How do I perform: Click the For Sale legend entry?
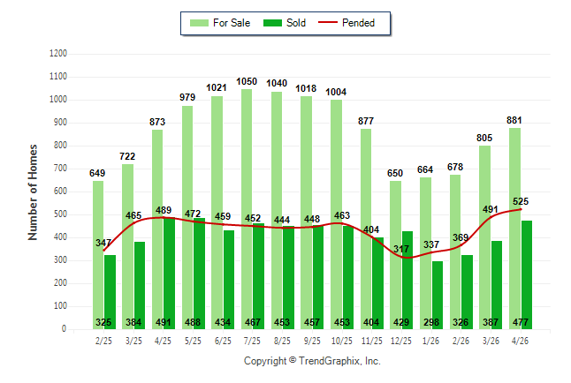click(x=220, y=23)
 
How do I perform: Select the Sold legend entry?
click(x=285, y=23)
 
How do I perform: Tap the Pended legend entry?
click(x=346, y=23)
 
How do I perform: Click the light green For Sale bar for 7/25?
click(x=247, y=209)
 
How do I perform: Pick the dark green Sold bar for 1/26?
click(x=438, y=296)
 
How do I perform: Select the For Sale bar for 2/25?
click(x=98, y=255)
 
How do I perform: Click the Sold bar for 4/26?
click(x=527, y=275)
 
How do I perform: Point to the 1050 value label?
click(x=247, y=81)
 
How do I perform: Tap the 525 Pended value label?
click(x=521, y=201)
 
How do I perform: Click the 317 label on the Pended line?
click(x=401, y=249)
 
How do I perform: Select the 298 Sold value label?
click(x=431, y=322)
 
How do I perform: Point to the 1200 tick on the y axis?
click(x=58, y=54)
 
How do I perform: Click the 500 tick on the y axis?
click(x=60, y=214)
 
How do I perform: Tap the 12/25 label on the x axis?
click(x=401, y=341)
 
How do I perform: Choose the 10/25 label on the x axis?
click(x=341, y=341)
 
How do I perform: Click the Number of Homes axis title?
click(x=33, y=192)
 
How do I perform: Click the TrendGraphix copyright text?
click(x=312, y=361)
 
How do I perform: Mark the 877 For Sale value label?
click(x=366, y=121)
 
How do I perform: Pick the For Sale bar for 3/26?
click(x=484, y=237)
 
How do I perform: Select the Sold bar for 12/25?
click(x=407, y=281)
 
